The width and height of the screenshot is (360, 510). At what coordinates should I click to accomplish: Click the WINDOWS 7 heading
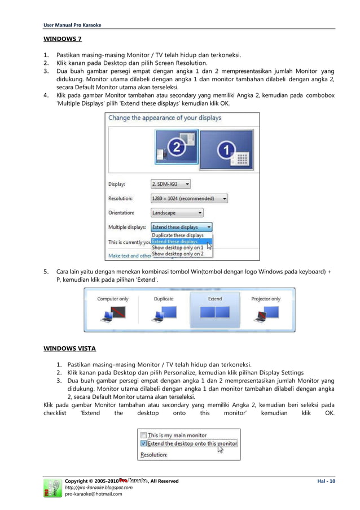(x=63, y=40)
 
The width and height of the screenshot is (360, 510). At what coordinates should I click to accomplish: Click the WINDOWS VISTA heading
(x=70, y=348)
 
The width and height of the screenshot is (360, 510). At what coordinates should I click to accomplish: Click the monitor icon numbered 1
(x=226, y=150)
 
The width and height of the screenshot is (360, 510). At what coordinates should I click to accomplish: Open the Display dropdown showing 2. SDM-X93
(x=170, y=184)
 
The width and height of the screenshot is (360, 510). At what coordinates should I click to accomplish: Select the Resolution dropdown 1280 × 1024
(x=189, y=199)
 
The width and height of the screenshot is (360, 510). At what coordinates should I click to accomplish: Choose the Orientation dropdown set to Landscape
(x=177, y=213)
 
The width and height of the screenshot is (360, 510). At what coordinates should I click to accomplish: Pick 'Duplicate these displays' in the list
(x=178, y=235)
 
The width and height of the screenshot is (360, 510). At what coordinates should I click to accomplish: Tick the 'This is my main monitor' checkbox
(x=143, y=435)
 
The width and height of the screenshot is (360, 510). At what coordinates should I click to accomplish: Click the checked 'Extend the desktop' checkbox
(x=143, y=444)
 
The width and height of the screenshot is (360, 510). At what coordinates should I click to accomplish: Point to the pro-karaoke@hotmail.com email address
(x=93, y=494)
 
